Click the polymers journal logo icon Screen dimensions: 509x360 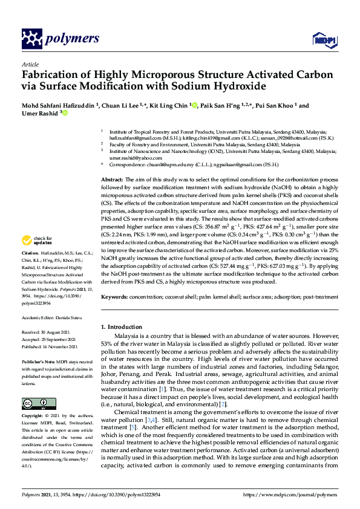coord(33,39)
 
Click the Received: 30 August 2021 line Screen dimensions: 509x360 coord(50,332)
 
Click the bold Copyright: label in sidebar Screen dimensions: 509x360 coord(33,417)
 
